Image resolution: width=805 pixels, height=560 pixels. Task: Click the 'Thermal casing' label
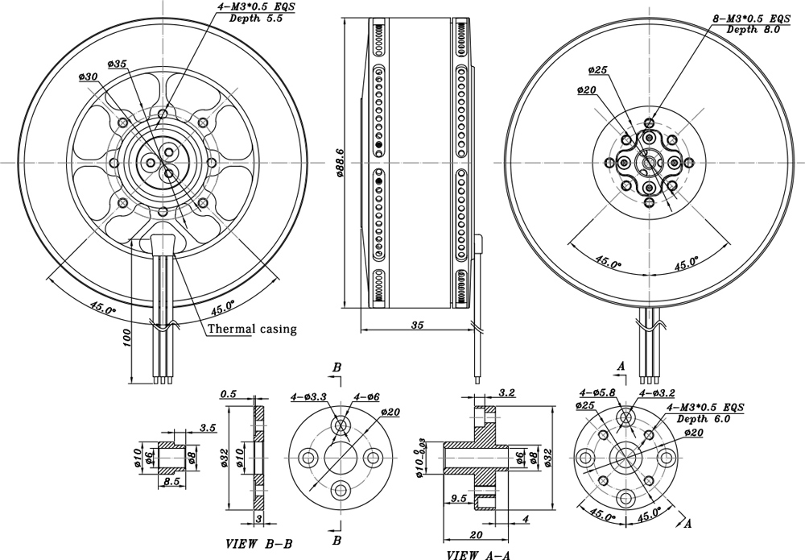pos(252,329)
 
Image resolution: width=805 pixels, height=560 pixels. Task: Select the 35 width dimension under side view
pos(416,325)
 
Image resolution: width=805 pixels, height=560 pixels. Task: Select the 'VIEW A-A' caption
pos(479,555)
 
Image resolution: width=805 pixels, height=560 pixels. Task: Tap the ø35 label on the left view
pos(117,63)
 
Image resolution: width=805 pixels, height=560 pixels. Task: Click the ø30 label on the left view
pos(89,77)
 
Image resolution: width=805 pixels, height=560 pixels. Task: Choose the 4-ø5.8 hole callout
pos(597,392)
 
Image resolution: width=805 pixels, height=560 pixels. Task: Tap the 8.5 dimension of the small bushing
pos(171,481)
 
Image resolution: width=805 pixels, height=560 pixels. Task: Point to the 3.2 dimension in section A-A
pos(507,392)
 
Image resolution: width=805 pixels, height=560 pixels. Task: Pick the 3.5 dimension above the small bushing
pos(207,428)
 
